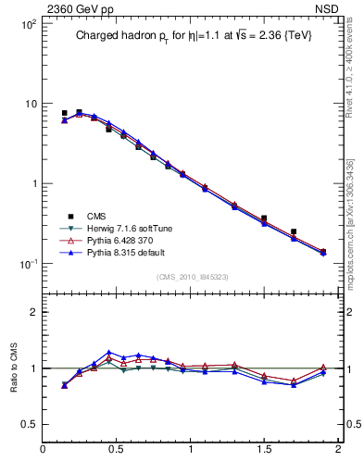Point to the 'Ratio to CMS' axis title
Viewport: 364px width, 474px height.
click(x=13, y=368)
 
